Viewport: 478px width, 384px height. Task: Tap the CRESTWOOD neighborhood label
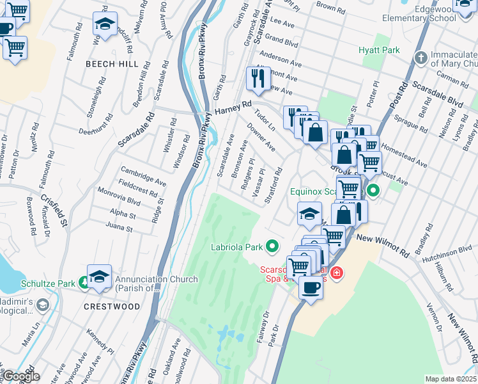coord(112,307)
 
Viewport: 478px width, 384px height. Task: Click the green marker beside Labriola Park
coord(273,246)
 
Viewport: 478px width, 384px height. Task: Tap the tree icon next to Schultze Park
coord(84,282)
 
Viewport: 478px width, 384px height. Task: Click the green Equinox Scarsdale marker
coord(373,191)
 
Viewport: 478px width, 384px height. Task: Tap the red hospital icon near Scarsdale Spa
coord(337,274)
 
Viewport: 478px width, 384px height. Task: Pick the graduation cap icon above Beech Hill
coord(105,24)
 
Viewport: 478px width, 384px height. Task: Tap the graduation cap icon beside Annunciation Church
coord(99,276)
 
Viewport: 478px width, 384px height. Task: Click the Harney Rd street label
coord(234,110)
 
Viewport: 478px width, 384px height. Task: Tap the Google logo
coord(20,377)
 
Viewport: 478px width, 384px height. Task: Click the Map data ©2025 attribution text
coord(450,379)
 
